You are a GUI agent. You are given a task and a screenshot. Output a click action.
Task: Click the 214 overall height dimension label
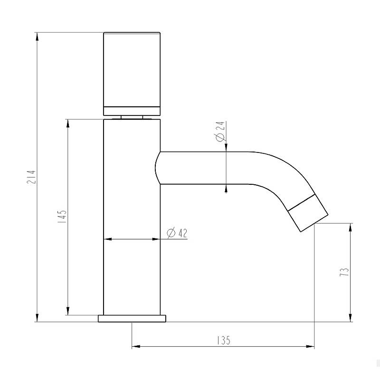tap(31, 177)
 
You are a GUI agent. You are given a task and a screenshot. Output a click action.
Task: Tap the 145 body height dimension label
tap(62, 217)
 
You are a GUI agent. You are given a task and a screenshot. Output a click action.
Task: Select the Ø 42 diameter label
tap(177, 233)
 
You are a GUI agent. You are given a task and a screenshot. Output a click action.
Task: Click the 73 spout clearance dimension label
tap(344, 272)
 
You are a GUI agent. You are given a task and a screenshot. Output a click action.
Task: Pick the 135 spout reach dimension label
tap(223, 340)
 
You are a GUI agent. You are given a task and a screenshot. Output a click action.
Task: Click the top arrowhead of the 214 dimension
tap(37, 37)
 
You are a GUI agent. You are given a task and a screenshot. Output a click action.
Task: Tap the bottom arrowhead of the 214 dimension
tap(37, 317)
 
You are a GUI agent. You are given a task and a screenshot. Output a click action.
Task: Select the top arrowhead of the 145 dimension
tap(68, 123)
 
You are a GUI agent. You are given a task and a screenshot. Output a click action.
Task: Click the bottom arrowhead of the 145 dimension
tap(68, 311)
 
